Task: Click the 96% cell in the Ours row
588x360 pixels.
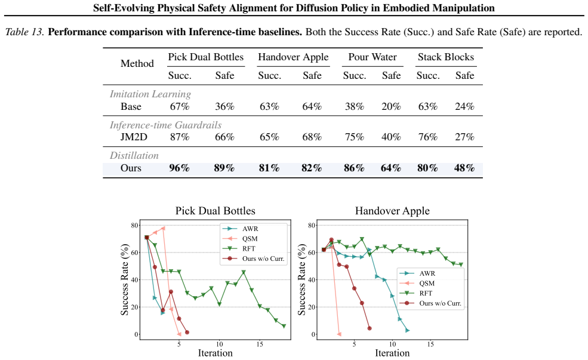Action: tap(179, 168)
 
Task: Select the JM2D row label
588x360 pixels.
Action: tap(134, 137)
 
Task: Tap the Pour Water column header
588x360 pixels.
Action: tap(372, 57)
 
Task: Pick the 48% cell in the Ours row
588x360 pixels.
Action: tap(464, 168)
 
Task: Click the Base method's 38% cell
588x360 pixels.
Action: tap(355, 106)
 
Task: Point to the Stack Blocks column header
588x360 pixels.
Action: tap(446, 57)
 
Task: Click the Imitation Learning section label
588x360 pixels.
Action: tap(150, 94)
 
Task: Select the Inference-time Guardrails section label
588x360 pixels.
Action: tap(165, 125)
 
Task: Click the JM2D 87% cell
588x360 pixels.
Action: tap(180, 137)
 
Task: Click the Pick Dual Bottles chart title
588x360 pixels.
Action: tap(216, 211)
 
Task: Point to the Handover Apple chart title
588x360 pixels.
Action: tap(392, 211)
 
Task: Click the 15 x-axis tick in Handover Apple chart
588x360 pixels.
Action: tap(430, 344)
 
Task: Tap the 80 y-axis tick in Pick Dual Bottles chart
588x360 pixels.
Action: tap(135, 226)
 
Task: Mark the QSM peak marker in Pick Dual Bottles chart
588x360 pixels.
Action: tap(163, 228)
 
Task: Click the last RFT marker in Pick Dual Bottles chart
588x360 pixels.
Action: tap(284, 326)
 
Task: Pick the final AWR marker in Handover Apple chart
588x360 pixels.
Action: tap(408, 330)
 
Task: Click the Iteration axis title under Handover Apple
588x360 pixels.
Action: tap(392, 353)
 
